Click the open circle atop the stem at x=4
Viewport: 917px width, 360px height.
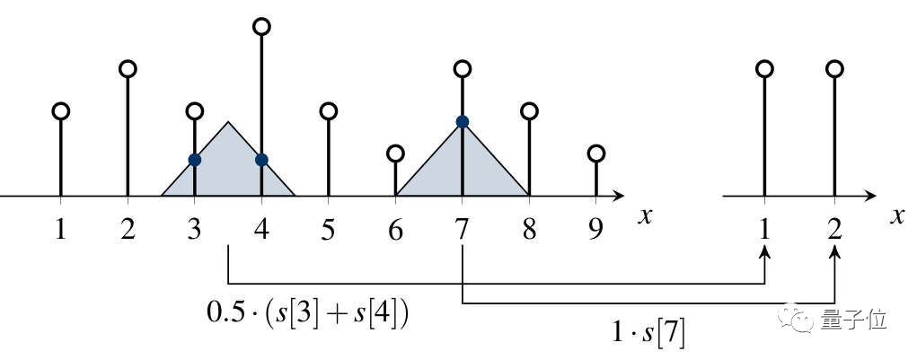tap(261, 27)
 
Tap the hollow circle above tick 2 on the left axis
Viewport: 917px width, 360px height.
tap(128, 68)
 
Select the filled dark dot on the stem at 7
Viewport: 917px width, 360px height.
tap(462, 121)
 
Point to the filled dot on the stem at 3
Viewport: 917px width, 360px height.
tap(194, 160)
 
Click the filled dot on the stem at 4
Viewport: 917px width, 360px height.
tap(261, 160)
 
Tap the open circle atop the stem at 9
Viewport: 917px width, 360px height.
tap(595, 153)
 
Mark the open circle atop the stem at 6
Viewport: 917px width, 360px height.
tap(395, 153)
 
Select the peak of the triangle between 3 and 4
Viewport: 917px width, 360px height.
tap(228, 122)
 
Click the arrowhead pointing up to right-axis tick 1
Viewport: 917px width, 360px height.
tap(764, 254)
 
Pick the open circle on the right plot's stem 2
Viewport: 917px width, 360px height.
tap(835, 68)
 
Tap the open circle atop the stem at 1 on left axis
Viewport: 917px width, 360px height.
tap(60, 111)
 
